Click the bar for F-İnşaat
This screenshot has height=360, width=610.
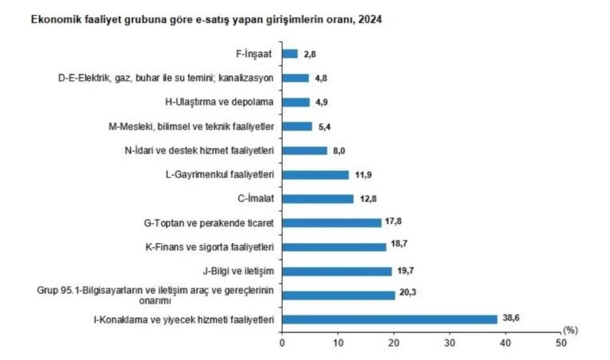coord(290,54)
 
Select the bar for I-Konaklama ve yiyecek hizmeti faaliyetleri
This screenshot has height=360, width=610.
coord(389,319)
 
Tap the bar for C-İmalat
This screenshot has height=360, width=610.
coord(318,199)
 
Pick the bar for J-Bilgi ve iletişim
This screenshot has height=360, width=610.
coord(337,271)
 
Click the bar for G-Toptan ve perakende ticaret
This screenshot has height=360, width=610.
coord(331,223)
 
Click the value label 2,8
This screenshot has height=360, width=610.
coord(312,54)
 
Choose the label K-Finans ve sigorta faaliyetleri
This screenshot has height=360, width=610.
coord(210,247)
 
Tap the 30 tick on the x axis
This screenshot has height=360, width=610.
coord(450,343)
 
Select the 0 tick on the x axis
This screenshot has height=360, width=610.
coord(282,343)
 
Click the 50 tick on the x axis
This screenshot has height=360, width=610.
coord(562,343)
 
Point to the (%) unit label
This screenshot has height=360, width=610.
coord(569,328)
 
